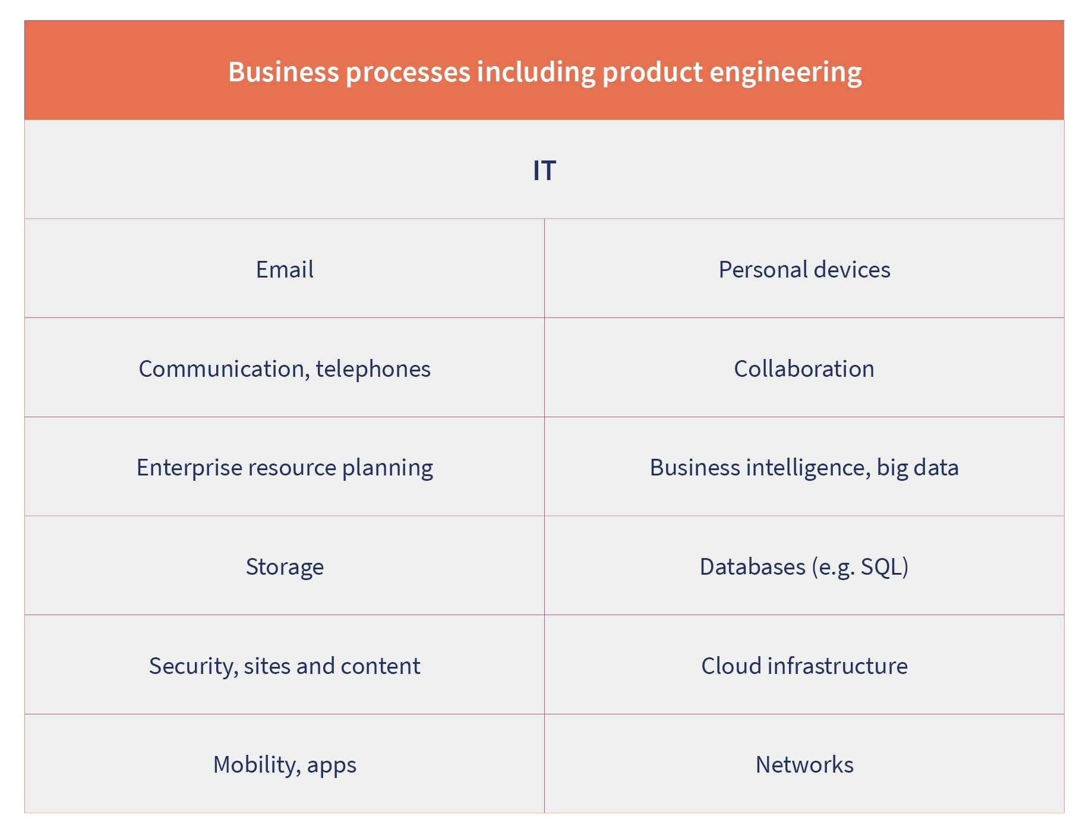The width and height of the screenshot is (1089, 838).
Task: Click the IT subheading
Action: pyautogui.click(x=544, y=171)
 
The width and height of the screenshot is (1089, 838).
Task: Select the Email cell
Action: pyautogui.click(x=285, y=269)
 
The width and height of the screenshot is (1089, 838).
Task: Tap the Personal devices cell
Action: pyautogui.click(x=804, y=269)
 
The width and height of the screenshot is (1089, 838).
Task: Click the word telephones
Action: pyautogui.click(x=373, y=368)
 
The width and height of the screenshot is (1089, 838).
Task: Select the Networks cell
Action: pyautogui.click(x=804, y=764)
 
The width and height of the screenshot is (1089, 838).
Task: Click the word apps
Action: pyautogui.click(x=332, y=765)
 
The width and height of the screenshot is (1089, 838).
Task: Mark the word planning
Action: pyautogui.click(x=387, y=468)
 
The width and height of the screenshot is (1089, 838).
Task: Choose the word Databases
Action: pyautogui.click(x=753, y=566)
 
